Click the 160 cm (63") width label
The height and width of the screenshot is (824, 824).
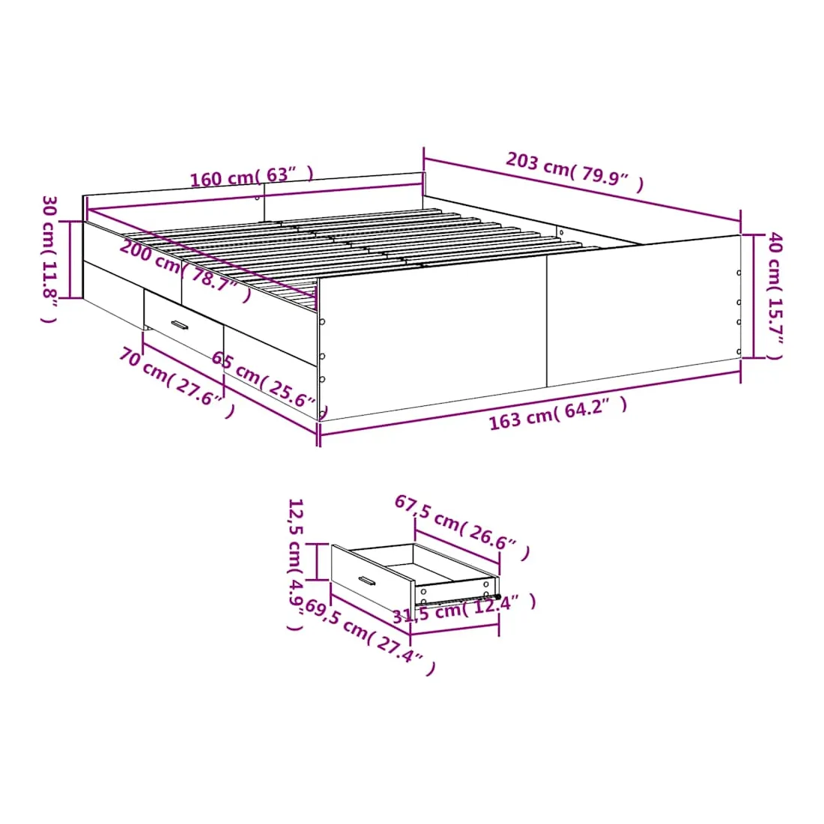(x=252, y=176)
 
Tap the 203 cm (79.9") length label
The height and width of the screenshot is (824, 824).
(x=575, y=172)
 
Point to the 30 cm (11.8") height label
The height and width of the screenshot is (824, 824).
(x=49, y=259)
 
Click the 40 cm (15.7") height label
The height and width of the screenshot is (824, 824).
(x=775, y=296)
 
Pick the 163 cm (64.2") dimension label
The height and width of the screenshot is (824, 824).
(x=558, y=413)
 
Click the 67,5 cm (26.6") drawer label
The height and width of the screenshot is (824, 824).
(x=462, y=527)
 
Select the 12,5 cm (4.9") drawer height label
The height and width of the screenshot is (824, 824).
(x=295, y=564)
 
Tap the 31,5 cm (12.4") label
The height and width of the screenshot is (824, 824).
(x=464, y=609)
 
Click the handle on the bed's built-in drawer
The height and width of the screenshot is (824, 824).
(x=180, y=325)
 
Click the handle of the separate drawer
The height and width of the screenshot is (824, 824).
(x=367, y=581)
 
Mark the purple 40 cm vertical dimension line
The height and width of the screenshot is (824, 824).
(x=753, y=296)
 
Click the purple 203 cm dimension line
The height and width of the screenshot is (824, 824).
(x=582, y=190)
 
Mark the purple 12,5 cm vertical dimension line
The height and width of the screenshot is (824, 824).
(x=318, y=562)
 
